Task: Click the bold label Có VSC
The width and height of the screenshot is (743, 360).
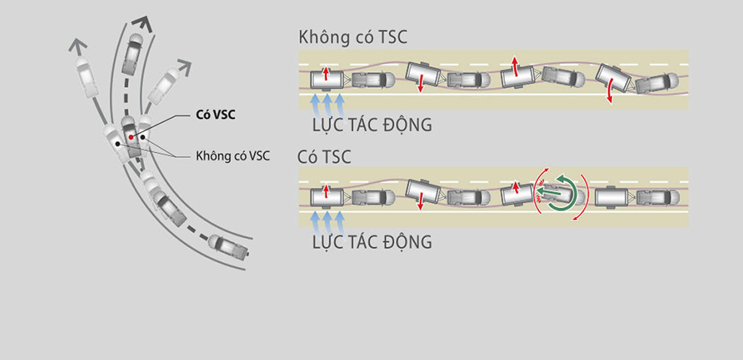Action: point(208,117)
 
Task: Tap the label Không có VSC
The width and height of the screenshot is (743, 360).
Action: point(232,156)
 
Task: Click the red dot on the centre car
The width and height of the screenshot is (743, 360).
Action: point(130,137)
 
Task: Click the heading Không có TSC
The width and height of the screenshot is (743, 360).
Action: point(353,38)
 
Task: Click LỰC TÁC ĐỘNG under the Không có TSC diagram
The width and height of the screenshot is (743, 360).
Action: point(371,124)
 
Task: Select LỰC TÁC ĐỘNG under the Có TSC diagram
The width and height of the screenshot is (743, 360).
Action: point(371,242)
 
